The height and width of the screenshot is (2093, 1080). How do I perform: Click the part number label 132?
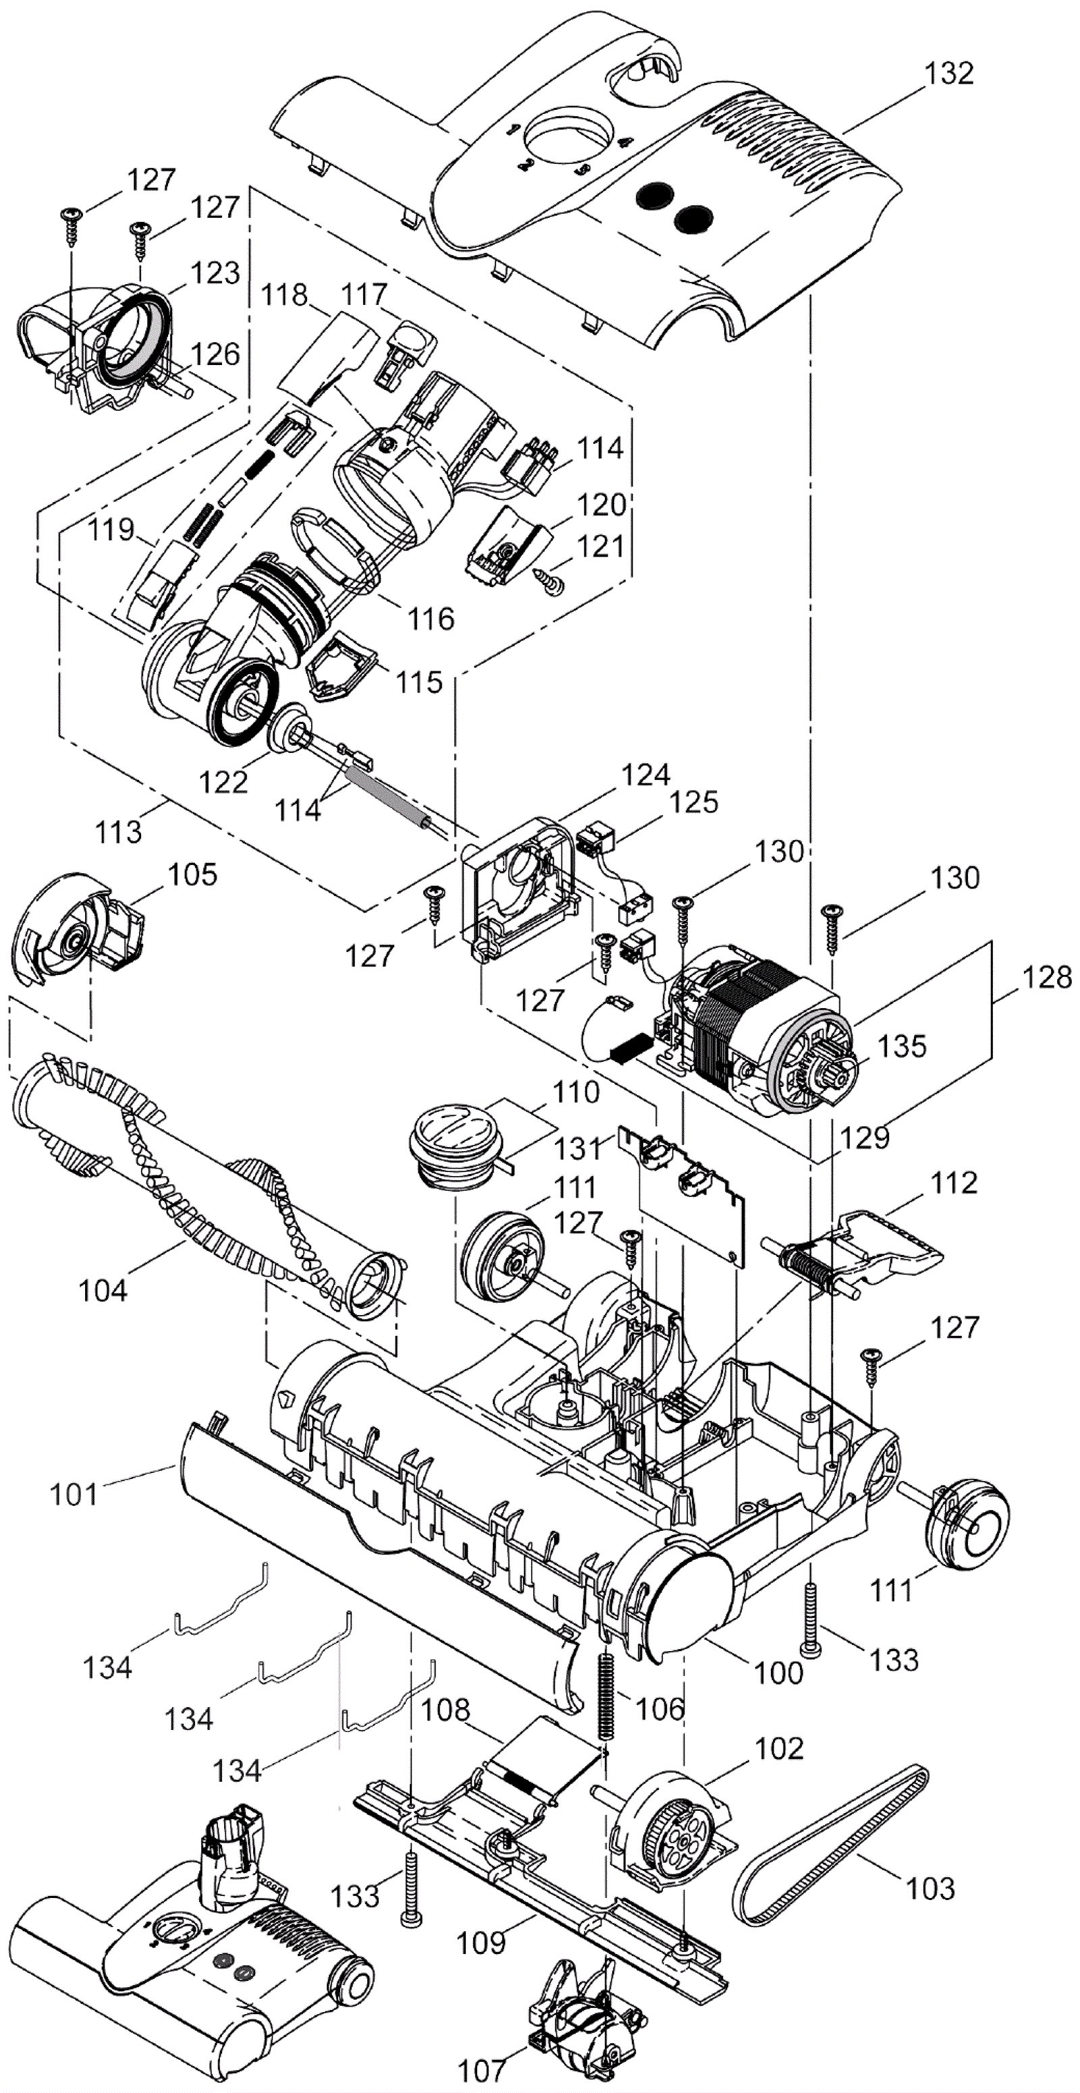(949, 73)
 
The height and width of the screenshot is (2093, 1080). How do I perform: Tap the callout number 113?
(119, 831)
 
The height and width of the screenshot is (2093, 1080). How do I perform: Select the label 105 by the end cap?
(192, 874)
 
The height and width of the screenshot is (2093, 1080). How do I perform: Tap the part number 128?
(1048, 976)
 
